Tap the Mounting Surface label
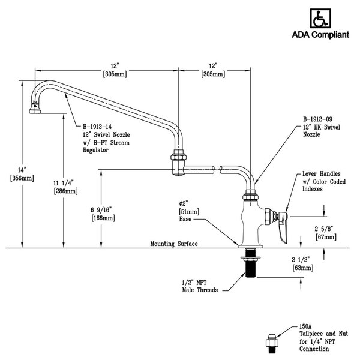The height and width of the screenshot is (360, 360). pos(174,244)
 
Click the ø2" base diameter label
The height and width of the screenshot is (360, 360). pos(185,204)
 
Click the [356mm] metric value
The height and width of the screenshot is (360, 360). pos(11,178)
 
